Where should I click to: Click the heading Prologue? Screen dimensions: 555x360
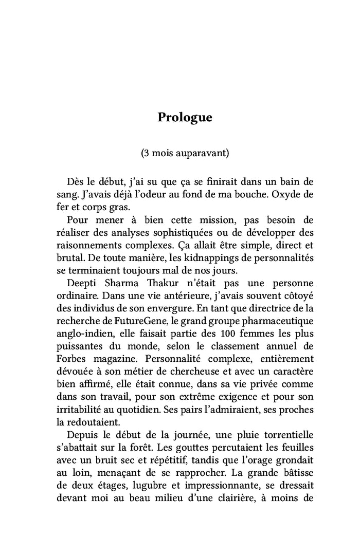coord(185,118)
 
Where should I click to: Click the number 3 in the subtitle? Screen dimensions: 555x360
coord(147,153)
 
